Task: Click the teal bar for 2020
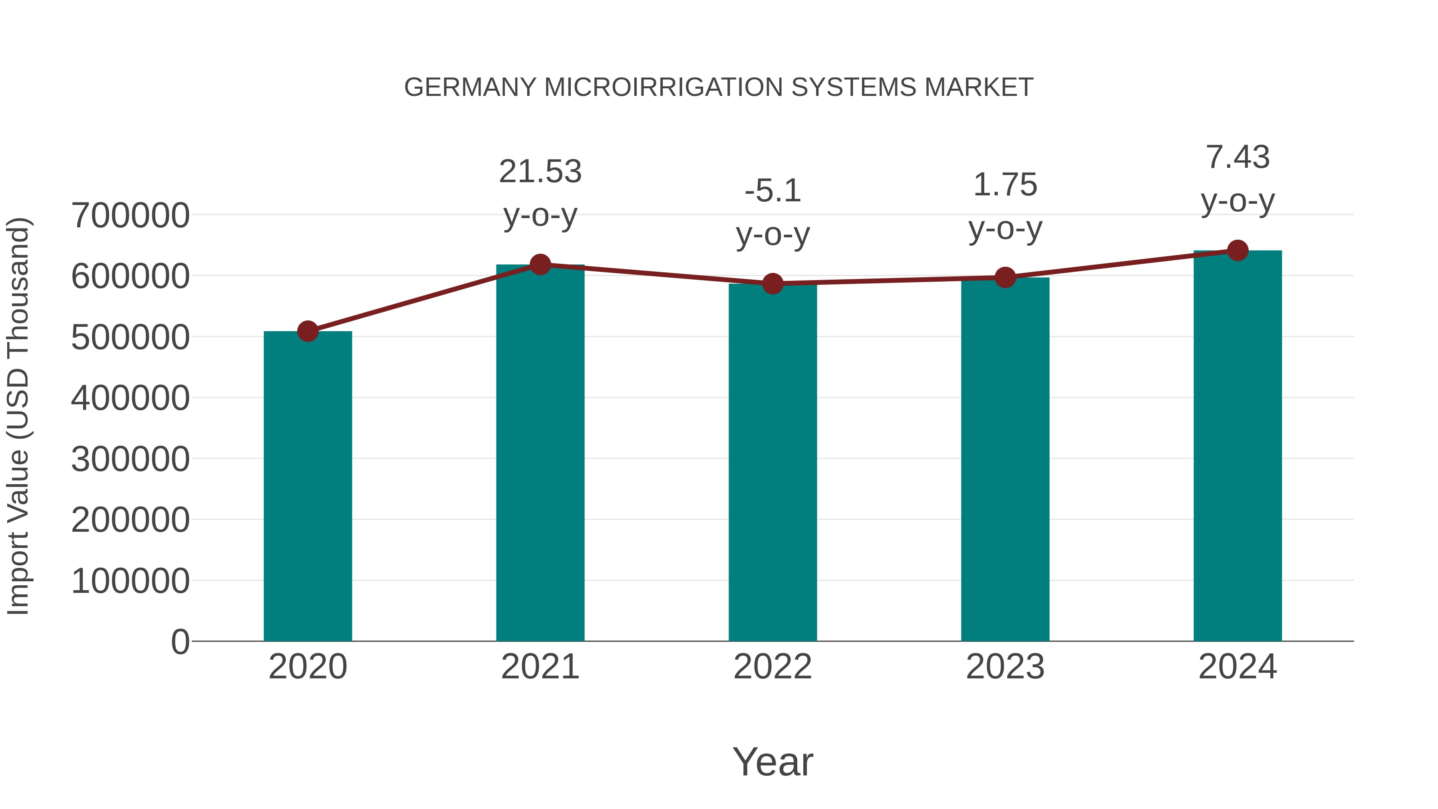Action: pyautogui.click(x=308, y=486)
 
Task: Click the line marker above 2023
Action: pyautogui.click(x=1005, y=278)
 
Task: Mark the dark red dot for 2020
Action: pyautogui.click(x=308, y=331)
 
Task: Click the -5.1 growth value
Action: pyautogui.click(x=773, y=191)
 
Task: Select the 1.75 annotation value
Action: pyautogui.click(x=1005, y=185)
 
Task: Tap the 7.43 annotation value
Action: pyautogui.click(x=1237, y=157)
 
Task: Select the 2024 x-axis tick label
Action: pyautogui.click(x=1237, y=667)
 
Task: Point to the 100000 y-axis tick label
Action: pyautogui.click(x=130, y=581)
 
